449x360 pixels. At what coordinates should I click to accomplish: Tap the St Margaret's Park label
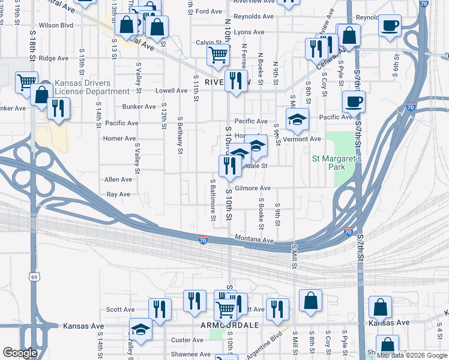point(336,163)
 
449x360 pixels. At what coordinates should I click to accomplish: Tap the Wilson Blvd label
point(56,26)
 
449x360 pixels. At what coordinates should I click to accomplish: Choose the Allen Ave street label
point(118,179)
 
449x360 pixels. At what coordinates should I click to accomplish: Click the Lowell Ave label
point(172,91)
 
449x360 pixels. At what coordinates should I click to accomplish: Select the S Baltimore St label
point(213,197)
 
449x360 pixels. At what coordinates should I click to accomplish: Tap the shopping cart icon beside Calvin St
point(218,55)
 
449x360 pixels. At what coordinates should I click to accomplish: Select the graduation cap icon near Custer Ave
point(140,329)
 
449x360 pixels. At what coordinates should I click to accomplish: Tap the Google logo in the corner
point(20,353)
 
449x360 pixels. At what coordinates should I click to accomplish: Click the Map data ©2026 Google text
point(412,355)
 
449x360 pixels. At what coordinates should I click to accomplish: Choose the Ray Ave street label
point(118,194)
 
